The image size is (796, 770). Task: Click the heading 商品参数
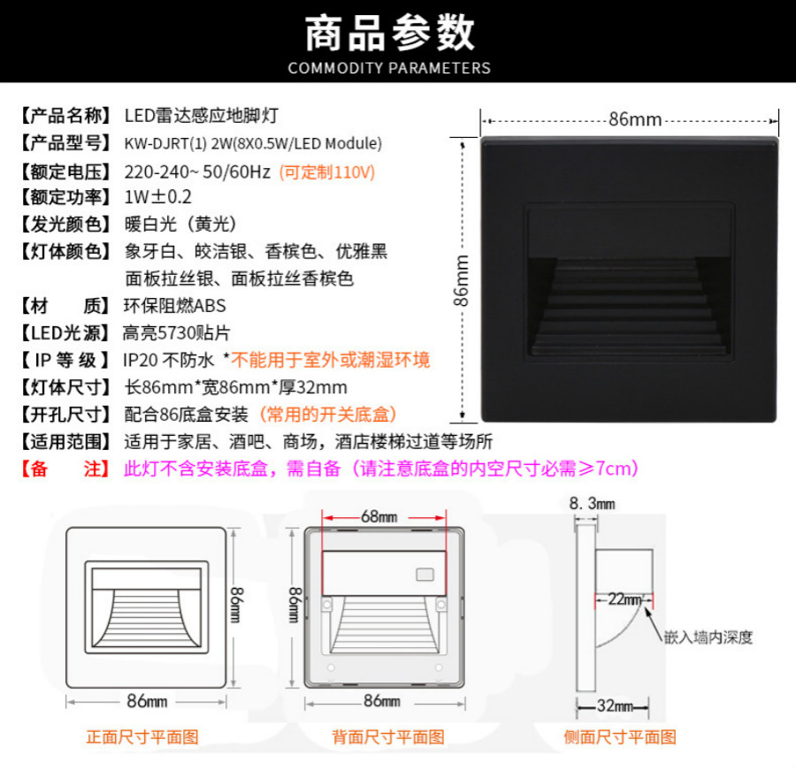pos(389,33)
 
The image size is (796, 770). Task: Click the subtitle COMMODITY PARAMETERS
pos(389,68)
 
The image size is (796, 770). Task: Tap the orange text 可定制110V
pos(327,172)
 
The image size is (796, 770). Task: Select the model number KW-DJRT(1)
pos(165,143)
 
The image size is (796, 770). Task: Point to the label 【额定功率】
pos(65,197)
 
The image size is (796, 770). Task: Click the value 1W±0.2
pos(158,197)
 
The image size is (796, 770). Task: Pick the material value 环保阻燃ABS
pos(174,306)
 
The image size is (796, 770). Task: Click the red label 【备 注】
pos(65,469)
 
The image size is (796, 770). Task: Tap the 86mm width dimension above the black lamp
pos(635,119)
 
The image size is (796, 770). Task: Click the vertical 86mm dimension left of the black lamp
pos(461,280)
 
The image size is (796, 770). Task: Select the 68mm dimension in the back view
pos(379,516)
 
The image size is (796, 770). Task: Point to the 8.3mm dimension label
pos(592,504)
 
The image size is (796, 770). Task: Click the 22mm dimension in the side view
pos(624,599)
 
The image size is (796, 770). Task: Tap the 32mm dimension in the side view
pos(615,705)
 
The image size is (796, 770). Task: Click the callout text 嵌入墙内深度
pos(708,637)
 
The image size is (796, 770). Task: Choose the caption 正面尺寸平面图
pos(142,737)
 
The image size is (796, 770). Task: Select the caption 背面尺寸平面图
pos(388,737)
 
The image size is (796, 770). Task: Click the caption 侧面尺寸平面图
pos(620,737)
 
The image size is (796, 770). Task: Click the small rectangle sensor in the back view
pos(425,575)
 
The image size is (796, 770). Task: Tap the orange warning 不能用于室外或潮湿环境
pos(331,360)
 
